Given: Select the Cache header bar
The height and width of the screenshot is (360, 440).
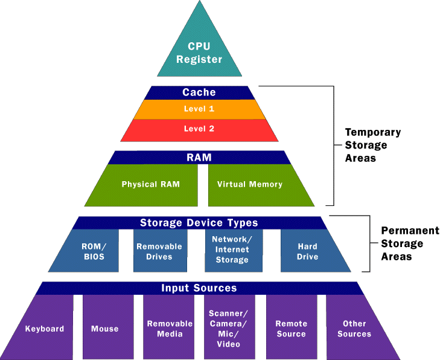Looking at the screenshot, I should click(199, 92).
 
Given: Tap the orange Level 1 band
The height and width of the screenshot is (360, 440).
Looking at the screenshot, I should click(199, 109).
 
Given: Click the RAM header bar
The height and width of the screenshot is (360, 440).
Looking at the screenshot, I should click(199, 158).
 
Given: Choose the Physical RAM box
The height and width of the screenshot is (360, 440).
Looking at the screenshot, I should click(150, 184).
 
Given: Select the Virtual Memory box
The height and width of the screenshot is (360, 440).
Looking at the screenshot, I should click(250, 184).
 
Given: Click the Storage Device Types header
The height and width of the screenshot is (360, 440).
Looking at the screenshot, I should click(199, 223).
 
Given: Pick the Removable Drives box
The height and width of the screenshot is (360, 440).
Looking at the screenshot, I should click(160, 251).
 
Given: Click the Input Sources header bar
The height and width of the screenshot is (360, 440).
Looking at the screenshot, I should click(199, 288).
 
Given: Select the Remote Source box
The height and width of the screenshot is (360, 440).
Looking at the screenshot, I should click(292, 328).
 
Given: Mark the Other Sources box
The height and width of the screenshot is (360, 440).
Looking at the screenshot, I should click(355, 328).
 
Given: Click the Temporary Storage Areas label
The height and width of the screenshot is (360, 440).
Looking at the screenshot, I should click(372, 145).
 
